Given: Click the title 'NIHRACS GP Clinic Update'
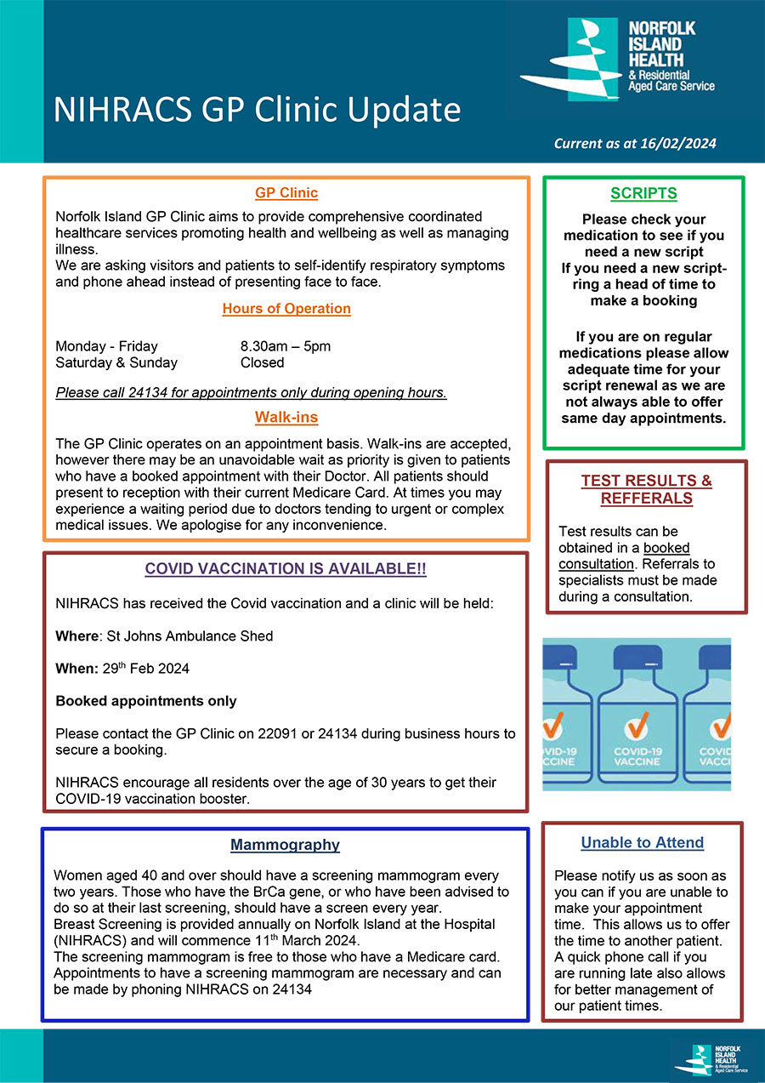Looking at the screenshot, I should pyautogui.click(x=257, y=111).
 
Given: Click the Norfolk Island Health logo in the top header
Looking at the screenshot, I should pyautogui.click(x=618, y=56).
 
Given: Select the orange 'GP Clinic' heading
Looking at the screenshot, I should pyautogui.click(x=286, y=193).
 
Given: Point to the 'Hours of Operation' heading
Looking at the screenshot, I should pyautogui.click(x=286, y=309).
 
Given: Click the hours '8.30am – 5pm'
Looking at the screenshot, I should pyautogui.click(x=286, y=346).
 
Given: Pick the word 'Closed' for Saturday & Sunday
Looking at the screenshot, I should pyautogui.click(x=262, y=362).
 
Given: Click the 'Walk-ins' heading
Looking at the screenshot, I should pyautogui.click(x=286, y=418).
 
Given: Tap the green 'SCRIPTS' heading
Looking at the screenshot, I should pyautogui.click(x=643, y=193).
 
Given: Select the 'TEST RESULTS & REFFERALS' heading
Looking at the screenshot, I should pyautogui.click(x=646, y=489).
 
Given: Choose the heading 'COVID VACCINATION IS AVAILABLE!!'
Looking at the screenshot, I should pyautogui.click(x=286, y=568).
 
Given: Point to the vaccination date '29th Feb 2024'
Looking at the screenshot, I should pyautogui.click(x=147, y=669).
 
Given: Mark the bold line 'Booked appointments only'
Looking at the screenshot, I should pyautogui.click(x=146, y=701).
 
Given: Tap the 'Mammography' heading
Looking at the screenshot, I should pyautogui.click(x=286, y=845).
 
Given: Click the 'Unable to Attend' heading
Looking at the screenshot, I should pyautogui.click(x=643, y=842).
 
